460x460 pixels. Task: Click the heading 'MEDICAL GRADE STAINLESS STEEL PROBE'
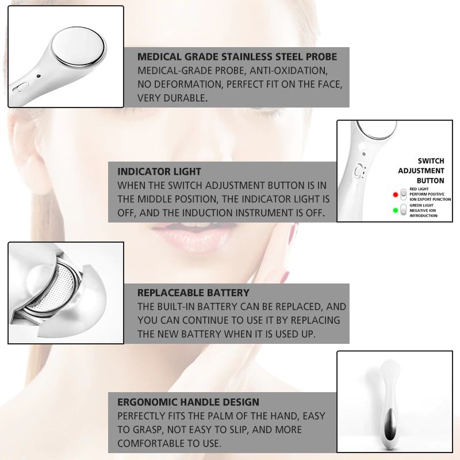[x=237, y=56]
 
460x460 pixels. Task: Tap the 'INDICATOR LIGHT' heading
[x=159, y=171]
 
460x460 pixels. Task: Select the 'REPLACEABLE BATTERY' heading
[x=193, y=293]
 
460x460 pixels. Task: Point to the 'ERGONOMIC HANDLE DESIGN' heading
[x=189, y=402]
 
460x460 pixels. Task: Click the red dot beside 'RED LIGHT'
[x=396, y=194]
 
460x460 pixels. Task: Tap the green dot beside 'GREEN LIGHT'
[x=396, y=210]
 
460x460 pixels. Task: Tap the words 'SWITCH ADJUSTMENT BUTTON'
[x=421, y=171]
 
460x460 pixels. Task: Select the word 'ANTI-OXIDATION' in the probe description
[x=289, y=71]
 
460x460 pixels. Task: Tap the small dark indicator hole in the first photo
[x=39, y=76]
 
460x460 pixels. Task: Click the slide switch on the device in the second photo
[x=358, y=171]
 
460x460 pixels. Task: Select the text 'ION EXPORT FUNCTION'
[x=430, y=199]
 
